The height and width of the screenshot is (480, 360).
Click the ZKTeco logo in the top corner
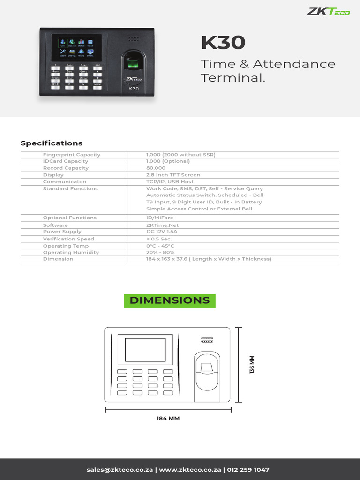click(328, 11)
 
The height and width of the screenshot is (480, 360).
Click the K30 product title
click(223, 43)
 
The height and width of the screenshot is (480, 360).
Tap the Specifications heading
click(52, 143)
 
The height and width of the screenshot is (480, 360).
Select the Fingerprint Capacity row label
click(72, 155)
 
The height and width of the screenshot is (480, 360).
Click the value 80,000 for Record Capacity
click(156, 168)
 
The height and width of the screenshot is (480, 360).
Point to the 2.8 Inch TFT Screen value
click(173, 175)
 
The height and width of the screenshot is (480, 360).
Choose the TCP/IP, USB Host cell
click(170, 181)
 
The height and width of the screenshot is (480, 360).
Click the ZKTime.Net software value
click(162, 225)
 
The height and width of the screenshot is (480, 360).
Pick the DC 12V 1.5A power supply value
click(162, 232)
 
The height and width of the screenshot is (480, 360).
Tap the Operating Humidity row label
click(71, 252)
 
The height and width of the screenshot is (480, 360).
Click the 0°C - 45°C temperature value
click(160, 246)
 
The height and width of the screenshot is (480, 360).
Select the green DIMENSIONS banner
click(170, 300)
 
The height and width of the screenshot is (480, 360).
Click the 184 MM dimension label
click(168, 418)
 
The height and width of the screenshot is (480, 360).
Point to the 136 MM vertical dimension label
click(252, 365)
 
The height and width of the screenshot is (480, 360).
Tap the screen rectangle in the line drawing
click(145, 350)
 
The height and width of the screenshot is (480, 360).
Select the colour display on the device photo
click(77, 47)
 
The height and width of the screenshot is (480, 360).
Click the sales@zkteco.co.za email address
click(120, 470)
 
